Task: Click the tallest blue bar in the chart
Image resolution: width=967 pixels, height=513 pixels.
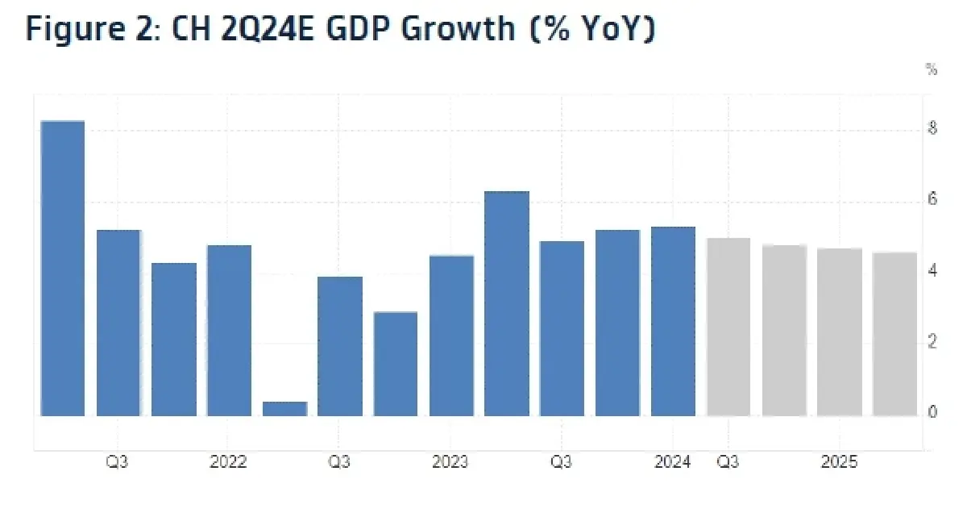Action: click(63, 269)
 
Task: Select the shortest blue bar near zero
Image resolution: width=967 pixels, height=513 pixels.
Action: click(285, 409)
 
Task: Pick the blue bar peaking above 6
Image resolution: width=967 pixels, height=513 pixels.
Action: click(507, 304)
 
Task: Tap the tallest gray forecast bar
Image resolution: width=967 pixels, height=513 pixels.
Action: click(728, 327)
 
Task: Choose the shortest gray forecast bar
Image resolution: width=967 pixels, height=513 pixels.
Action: click(895, 335)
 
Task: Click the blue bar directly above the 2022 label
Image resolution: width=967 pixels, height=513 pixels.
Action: click(229, 331)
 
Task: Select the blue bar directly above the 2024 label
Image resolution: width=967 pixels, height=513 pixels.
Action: click(673, 322)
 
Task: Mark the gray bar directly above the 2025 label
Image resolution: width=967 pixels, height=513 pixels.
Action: click(840, 332)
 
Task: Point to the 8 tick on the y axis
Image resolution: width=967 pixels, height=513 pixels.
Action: click(932, 128)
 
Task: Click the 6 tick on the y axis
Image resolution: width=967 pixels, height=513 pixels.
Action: click(932, 199)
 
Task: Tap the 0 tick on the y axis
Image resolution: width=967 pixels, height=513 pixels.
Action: click(932, 412)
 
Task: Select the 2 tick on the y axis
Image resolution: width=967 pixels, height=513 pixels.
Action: click(932, 342)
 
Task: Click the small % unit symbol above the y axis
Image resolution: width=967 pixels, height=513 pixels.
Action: click(932, 69)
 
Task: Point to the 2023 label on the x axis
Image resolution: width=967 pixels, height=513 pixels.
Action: click(450, 462)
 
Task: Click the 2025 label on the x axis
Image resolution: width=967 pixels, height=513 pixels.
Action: click(839, 462)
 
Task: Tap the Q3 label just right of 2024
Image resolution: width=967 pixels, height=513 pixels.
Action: click(728, 462)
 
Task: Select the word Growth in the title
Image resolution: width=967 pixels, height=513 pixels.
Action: click(458, 29)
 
